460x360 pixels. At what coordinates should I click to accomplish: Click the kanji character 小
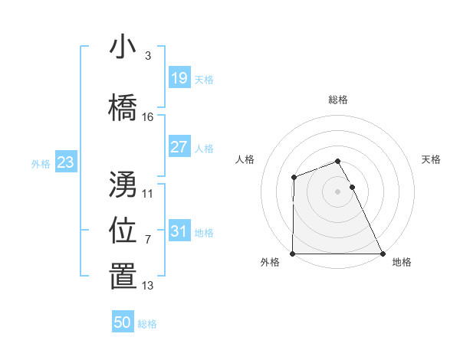[x=123, y=47]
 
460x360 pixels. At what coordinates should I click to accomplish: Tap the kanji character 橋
[x=123, y=107]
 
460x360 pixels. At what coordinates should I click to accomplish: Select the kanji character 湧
[x=123, y=184]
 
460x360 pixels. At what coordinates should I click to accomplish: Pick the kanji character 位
[x=123, y=230]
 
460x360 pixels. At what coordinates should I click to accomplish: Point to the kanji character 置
[x=123, y=277]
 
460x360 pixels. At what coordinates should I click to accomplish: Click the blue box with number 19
[x=179, y=78]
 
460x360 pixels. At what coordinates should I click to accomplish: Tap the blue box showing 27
[x=179, y=147]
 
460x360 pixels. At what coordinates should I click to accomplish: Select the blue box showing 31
[x=179, y=231]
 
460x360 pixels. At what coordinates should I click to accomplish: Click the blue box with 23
[x=65, y=162]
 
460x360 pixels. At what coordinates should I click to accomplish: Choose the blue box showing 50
[x=123, y=322]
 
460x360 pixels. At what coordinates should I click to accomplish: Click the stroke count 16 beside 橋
[x=148, y=117]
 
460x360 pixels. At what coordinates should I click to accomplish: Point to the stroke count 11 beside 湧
[x=148, y=194]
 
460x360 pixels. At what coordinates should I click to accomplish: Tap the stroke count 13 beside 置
[x=148, y=286]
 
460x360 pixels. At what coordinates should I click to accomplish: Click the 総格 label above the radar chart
[x=338, y=100]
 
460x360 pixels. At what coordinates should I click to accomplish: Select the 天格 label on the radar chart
[x=432, y=159]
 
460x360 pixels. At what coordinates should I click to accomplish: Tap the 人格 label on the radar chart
[x=245, y=159]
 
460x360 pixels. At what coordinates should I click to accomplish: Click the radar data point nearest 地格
[x=383, y=254]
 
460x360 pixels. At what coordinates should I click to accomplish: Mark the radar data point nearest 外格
[x=293, y=254]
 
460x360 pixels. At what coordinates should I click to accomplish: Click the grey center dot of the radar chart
[x=338, y=191]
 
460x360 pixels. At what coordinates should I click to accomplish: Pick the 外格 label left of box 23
[x=40, y=163]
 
